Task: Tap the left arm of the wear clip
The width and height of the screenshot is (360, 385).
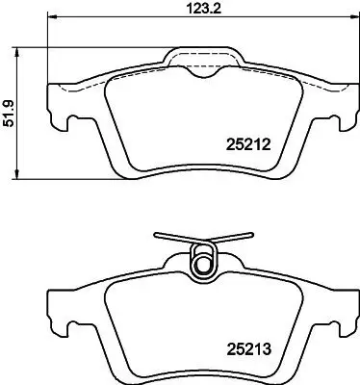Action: pos(173,239)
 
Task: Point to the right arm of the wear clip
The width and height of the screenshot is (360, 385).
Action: pos(231,239)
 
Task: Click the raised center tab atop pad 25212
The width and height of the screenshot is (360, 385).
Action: pos(201,58)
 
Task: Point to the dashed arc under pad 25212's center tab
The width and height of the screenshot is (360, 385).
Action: pos(201,73)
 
